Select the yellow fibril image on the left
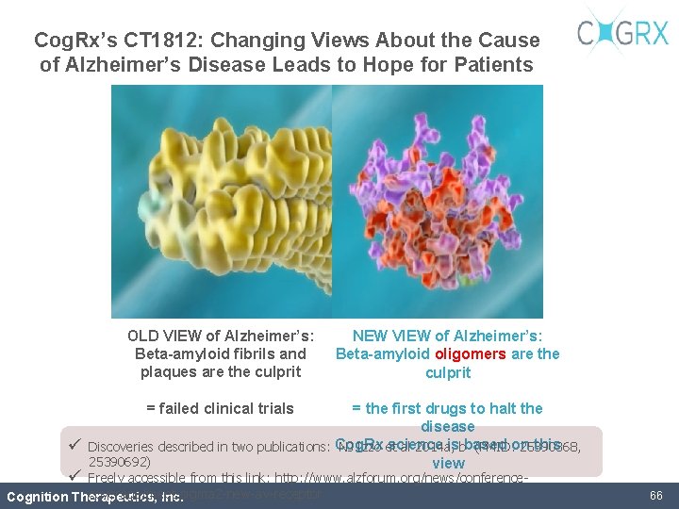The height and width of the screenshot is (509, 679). coord(219,201)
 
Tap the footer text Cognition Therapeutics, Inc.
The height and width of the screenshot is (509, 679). coord(94,497)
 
